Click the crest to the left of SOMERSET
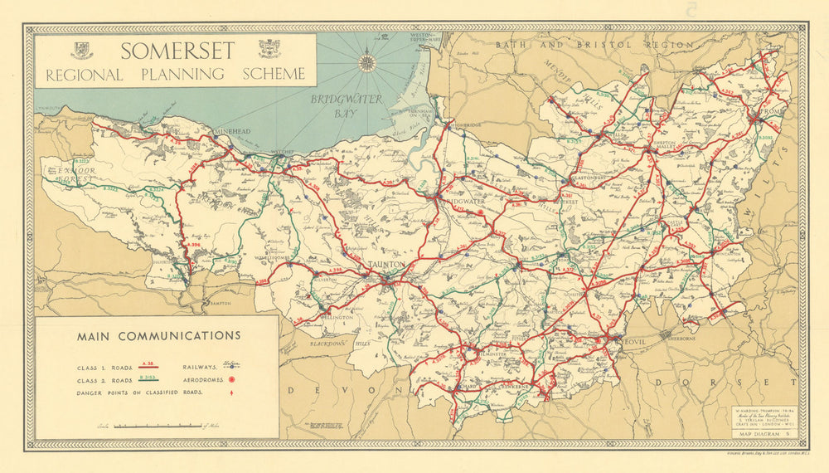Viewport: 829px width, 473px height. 80,50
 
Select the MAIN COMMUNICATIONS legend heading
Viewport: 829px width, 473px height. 158,336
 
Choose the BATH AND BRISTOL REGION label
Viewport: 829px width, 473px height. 593,44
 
